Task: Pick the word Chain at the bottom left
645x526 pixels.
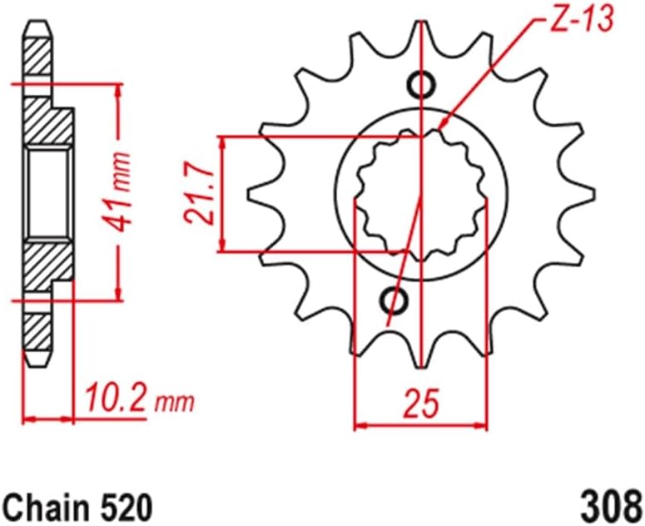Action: pyautogui.click(x=42, y=504)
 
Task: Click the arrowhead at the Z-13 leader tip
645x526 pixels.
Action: pyautogui.click(x=444, y=127)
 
